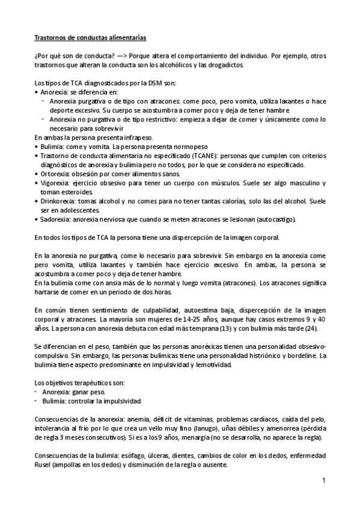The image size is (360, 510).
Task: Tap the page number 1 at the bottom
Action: [323, 480]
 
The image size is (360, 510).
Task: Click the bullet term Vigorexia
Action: [55, 183]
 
